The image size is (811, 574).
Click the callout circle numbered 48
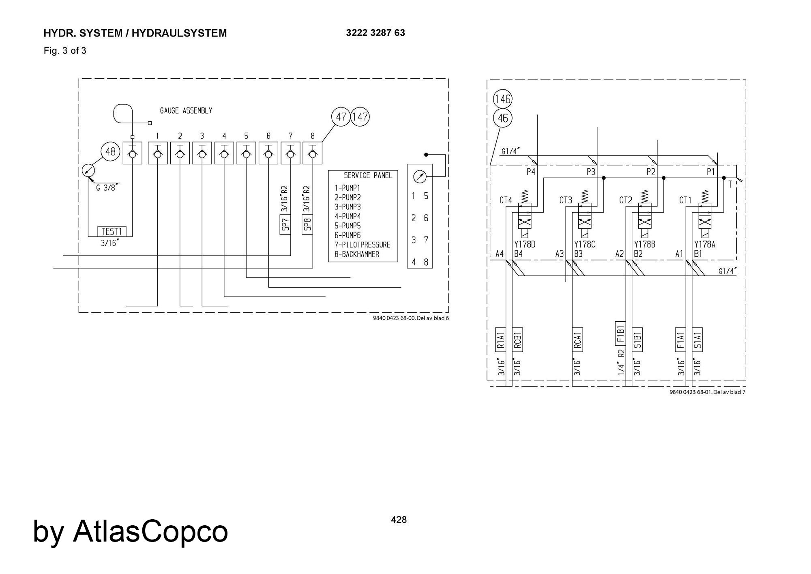pos(110,152)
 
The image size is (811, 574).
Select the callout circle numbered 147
pos(360,117)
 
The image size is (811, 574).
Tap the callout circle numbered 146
pos(502,99)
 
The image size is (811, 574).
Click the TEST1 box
pos(112,231)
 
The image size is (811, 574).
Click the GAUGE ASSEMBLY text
pos(186,111)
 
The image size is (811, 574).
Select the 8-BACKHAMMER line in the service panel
pos(357,254)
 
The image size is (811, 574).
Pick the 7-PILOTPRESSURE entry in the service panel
pos(362,245)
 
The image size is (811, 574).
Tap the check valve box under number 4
pos(224,153)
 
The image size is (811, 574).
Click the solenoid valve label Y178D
pos(525,245)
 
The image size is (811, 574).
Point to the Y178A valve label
pos(705,245)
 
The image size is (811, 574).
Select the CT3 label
pos(566,200)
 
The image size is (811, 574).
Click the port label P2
pos(651,172)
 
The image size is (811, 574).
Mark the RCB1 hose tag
pos(517,339)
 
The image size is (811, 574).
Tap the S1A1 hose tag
pos(697,339)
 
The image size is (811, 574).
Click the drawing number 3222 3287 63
pos(375,33)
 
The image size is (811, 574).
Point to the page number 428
pos(399,520)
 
